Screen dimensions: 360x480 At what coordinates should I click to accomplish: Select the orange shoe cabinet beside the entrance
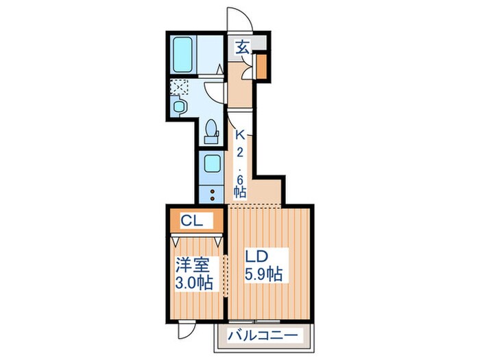click(x=261, y=67)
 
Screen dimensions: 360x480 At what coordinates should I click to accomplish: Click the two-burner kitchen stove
click(x=211, y=192)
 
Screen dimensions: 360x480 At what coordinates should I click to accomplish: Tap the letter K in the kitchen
click(x=241, y=136)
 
